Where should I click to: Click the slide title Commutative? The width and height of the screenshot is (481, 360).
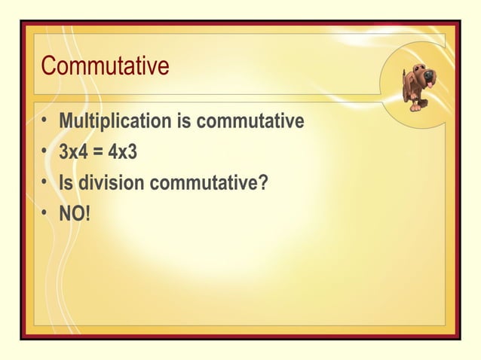pyautogui.click(x=105, y=66)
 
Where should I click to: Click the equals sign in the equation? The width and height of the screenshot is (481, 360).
pyautogui.click(x=99, y=153)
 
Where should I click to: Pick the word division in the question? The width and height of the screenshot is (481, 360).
pyautogui.click(x=112, y=183)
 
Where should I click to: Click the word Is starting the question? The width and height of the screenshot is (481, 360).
pyautogui.click(x=66, y=183)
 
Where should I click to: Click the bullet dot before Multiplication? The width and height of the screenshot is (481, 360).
pyautogui.click(x=45, y=122)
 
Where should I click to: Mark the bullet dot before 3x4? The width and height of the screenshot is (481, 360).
pyautogui.click(x=45, y=153)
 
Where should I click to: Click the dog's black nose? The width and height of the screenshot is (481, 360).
pyautogui.click(x=430, y=75)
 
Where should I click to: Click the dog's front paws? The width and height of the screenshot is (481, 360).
pyautogui.click(x=416, y=107)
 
